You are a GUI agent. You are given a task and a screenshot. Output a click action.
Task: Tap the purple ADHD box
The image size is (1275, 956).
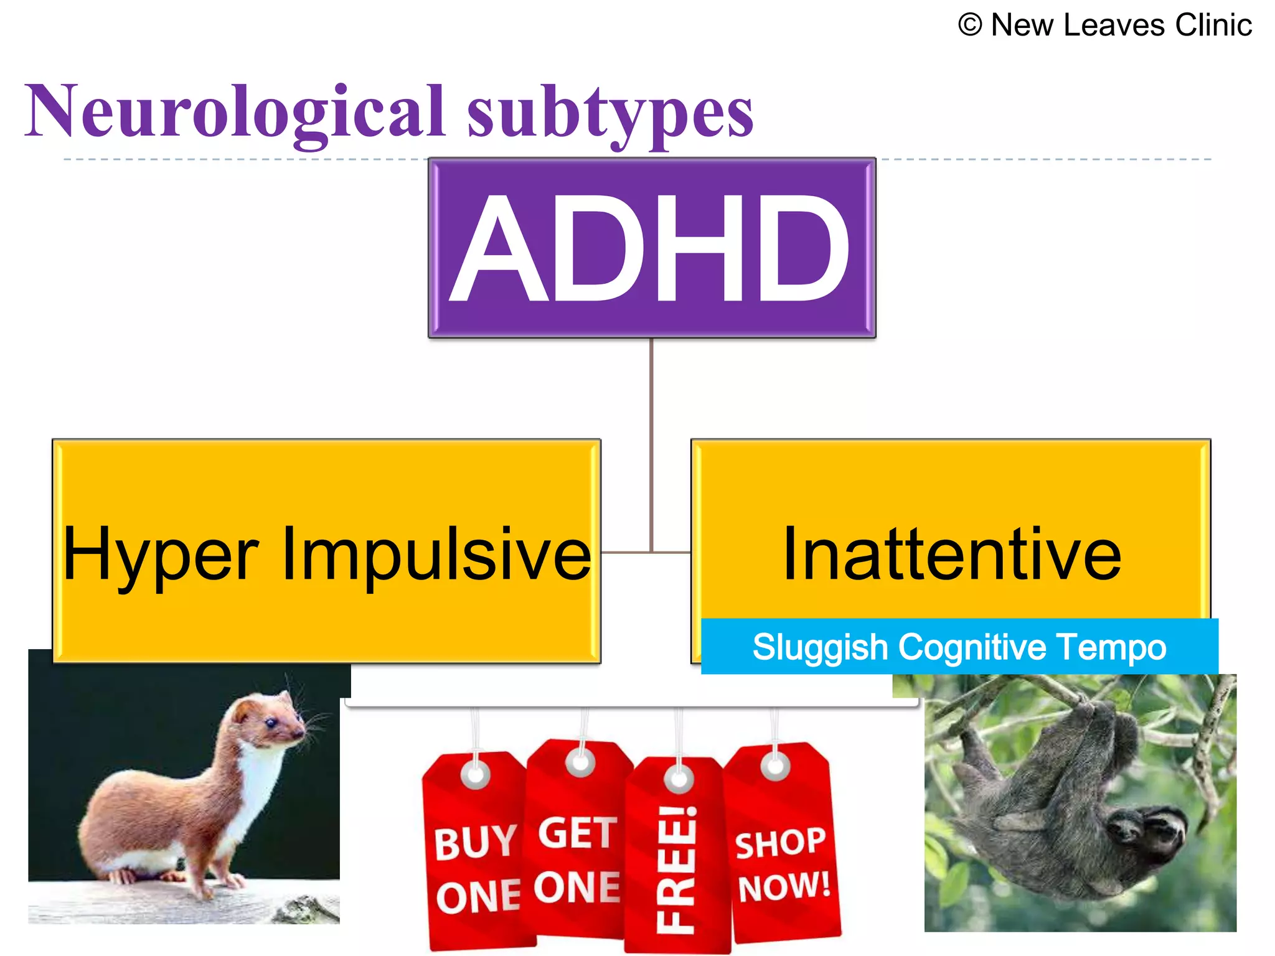point(651,248)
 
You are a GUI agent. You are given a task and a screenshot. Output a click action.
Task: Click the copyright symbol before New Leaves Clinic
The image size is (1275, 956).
point(969,26)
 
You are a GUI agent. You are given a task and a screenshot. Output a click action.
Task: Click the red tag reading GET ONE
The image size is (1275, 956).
point(577,859)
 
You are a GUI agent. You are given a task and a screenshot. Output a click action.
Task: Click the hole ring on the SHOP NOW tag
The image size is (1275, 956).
point(776,766)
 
